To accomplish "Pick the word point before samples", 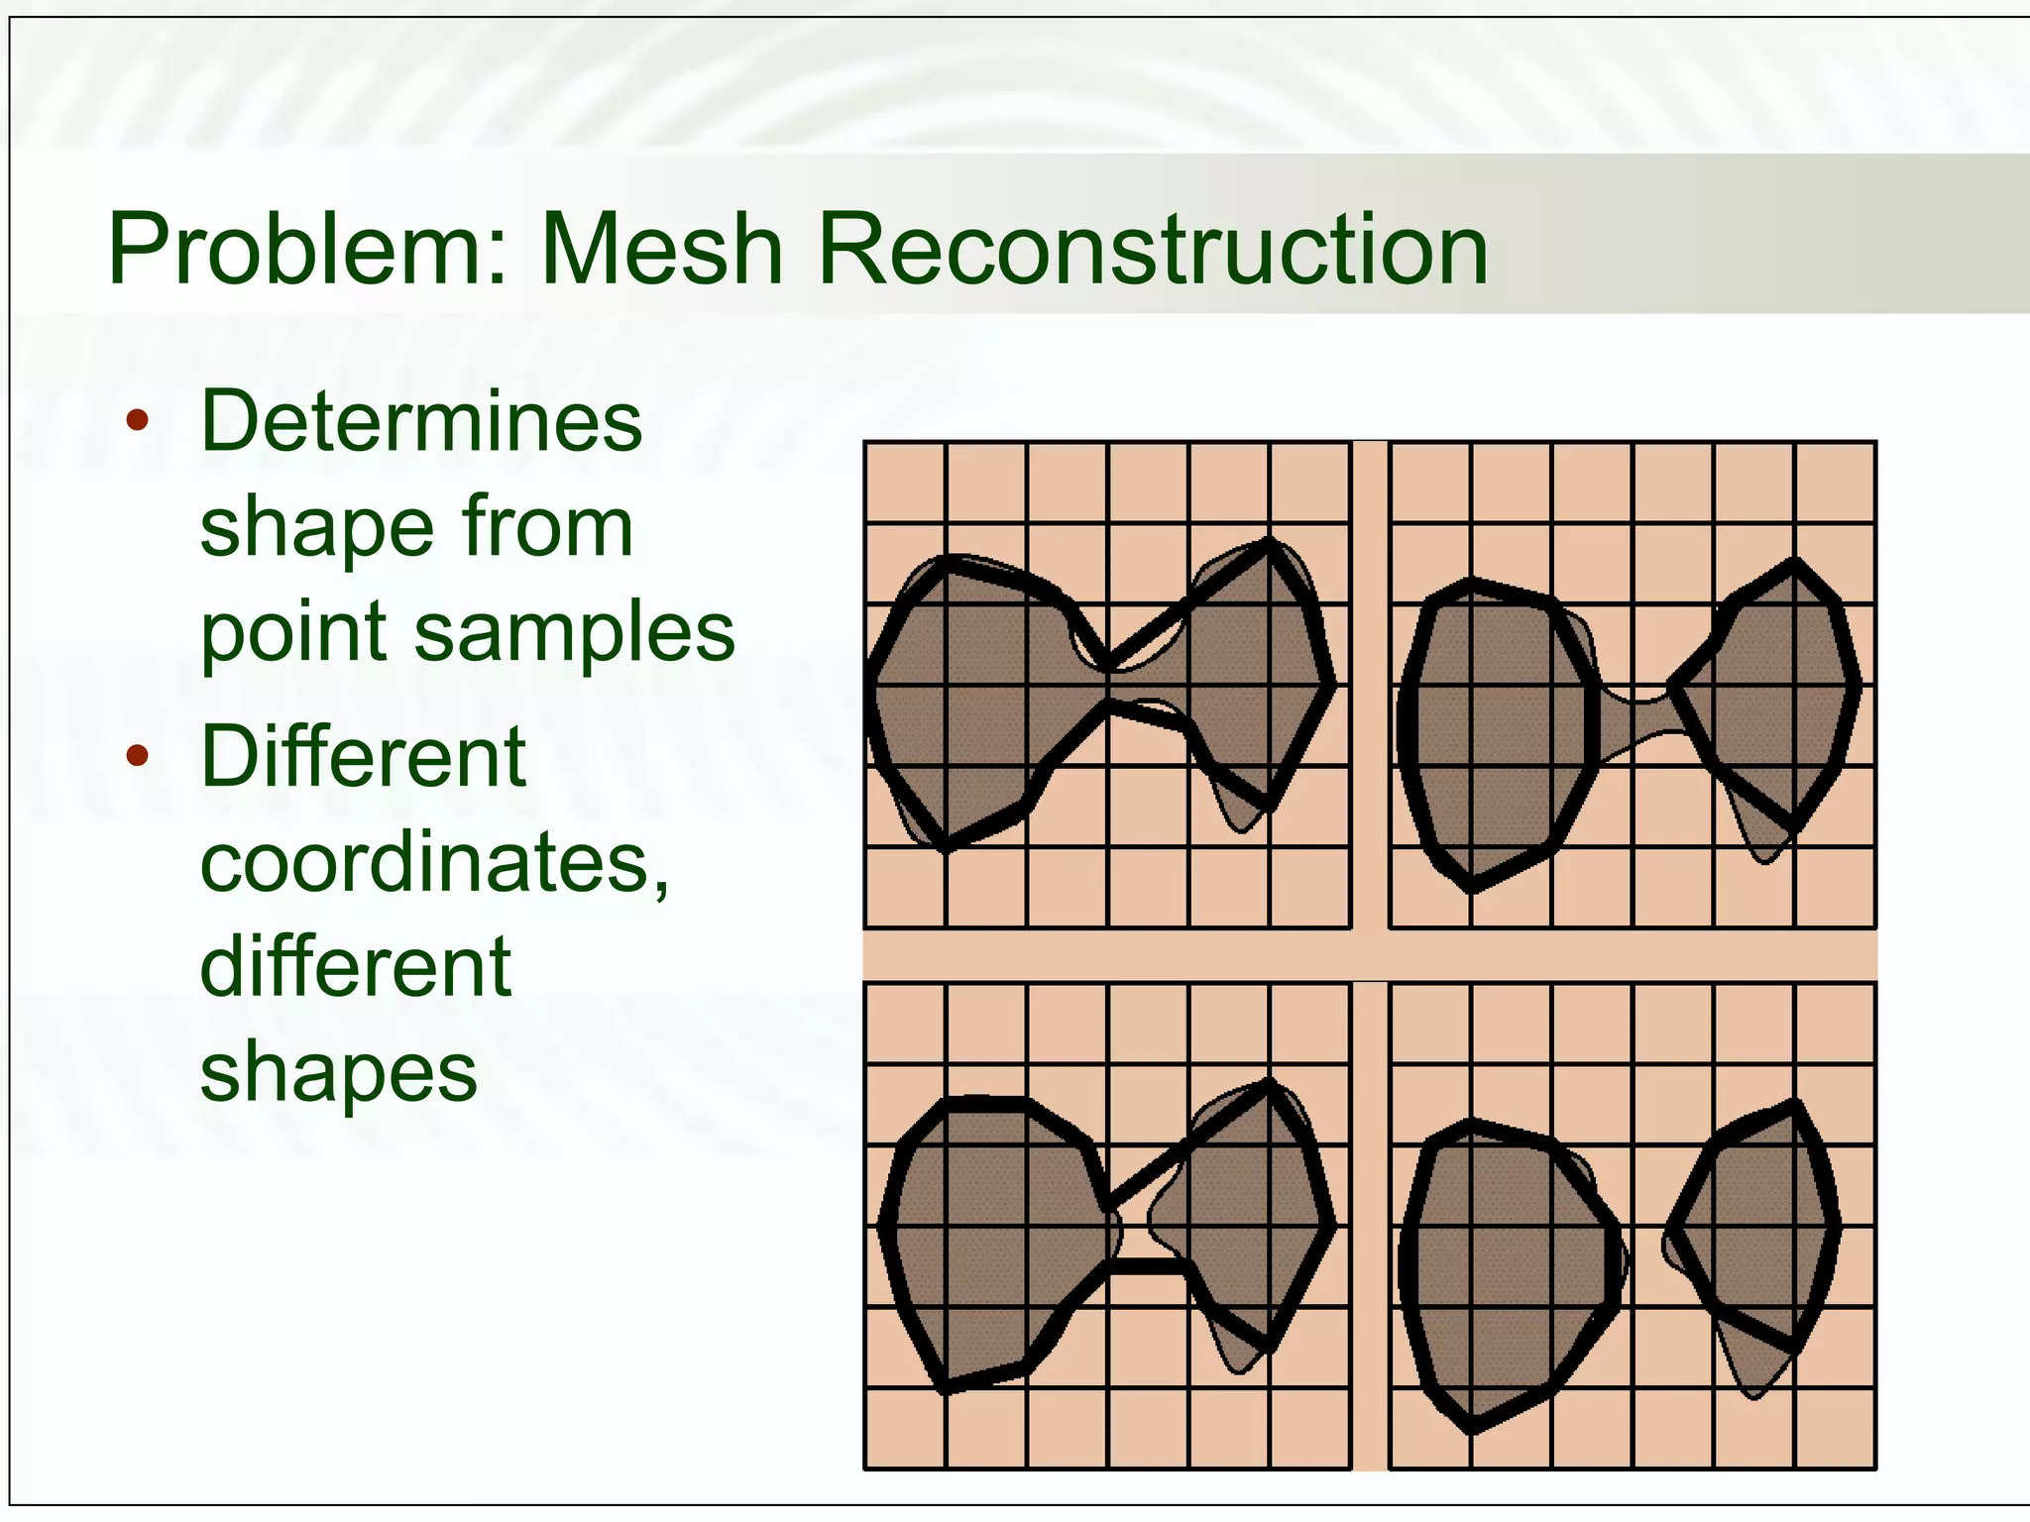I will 295,634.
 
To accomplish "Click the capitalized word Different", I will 363,756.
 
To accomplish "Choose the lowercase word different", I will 355,966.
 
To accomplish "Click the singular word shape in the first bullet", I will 317,528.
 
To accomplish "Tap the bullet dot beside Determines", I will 138,421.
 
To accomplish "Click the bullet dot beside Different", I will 138,757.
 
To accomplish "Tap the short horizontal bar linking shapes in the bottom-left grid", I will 1148,1266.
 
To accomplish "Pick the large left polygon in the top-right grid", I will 1497,733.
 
